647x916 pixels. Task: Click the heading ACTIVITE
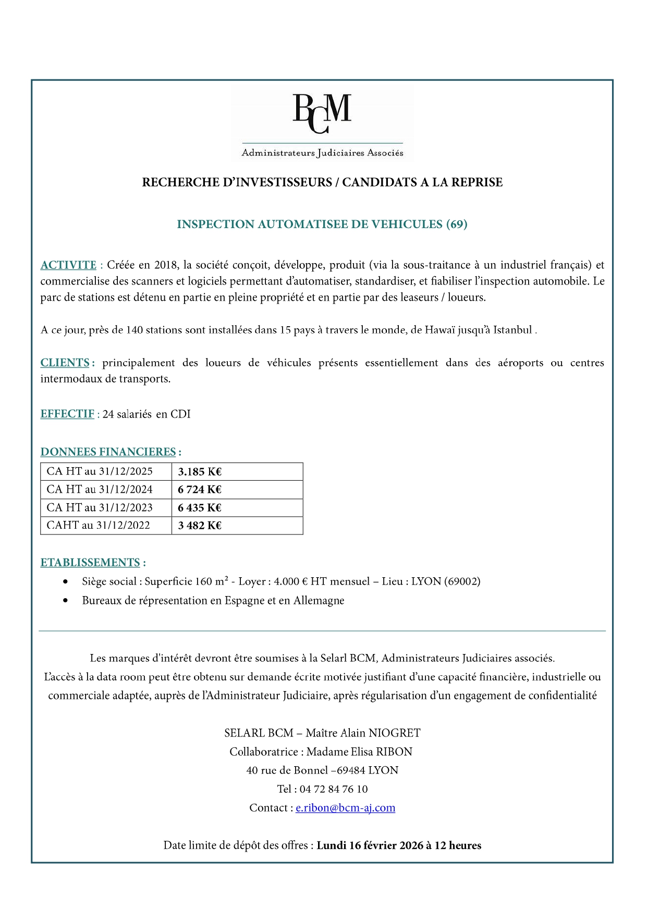point(68,265)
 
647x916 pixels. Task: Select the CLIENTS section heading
point(65,363)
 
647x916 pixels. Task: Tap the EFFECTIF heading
point(67,414)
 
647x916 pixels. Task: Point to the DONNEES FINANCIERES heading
point(108,452)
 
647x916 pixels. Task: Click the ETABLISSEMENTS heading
point(90,563)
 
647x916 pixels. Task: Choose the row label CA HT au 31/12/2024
point(100,490)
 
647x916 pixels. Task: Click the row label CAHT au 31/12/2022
point(98,526)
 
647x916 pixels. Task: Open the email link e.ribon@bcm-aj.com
point(345,808)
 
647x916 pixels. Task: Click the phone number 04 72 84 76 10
point(334,789)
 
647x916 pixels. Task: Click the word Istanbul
point(512,330)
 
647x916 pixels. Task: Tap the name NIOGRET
point(395,733)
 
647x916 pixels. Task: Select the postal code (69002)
point(462,581)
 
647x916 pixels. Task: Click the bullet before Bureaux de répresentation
point(65,601)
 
